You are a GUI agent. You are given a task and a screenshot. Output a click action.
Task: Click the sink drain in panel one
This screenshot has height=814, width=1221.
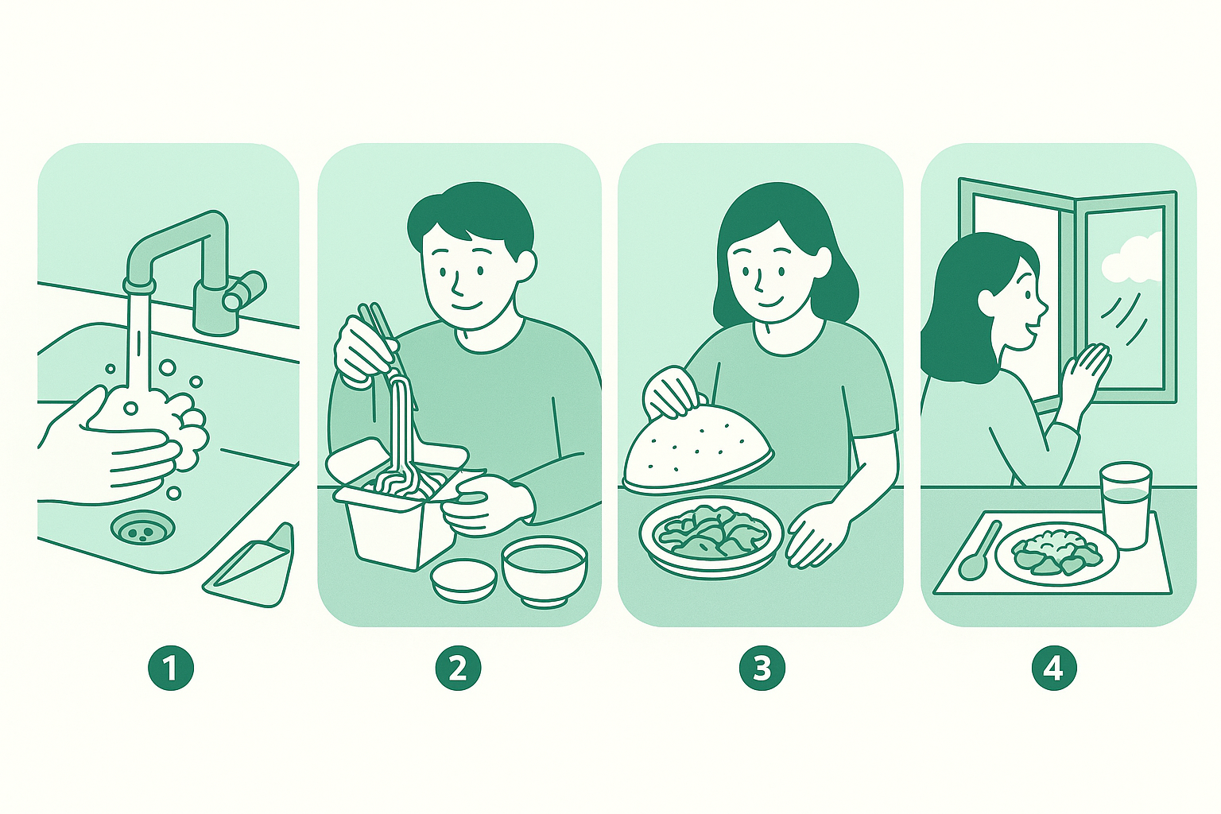[141, 527]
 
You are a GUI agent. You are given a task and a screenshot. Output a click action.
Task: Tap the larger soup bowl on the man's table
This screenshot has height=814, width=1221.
[545, 568]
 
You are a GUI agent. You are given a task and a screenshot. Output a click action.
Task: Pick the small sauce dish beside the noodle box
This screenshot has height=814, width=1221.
[463, 578]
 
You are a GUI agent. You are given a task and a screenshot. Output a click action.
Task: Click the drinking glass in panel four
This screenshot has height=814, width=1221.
[1125, 505]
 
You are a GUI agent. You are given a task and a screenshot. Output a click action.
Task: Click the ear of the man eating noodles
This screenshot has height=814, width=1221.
[525, 266]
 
